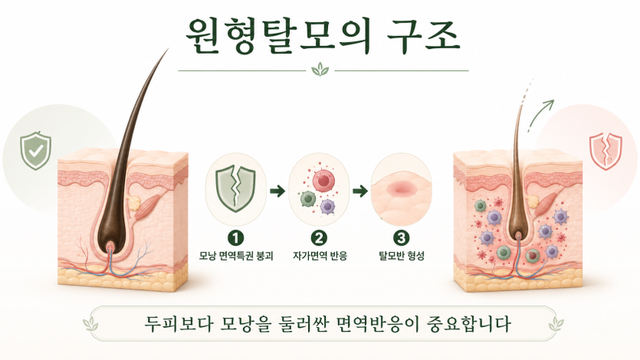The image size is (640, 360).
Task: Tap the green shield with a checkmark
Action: coord(35,150)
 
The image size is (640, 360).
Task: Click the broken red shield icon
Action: coord(606,151)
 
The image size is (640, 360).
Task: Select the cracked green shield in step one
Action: coord(236,188)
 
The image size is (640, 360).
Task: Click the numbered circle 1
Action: coord(235,237)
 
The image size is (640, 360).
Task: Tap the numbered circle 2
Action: coord(319,237)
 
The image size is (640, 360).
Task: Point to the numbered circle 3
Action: coord(401,237)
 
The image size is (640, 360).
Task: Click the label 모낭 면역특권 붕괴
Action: coord(236,256)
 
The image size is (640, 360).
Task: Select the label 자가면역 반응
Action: coord(320,256)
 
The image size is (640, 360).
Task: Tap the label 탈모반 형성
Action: coord(402,256)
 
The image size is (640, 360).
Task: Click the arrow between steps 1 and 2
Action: coord(277,191)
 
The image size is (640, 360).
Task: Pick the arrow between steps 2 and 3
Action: coord(360,191)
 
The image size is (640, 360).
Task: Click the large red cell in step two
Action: coord(323,179)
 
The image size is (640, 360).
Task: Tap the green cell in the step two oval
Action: coord(308,199)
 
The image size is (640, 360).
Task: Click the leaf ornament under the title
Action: coord(320,70)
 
